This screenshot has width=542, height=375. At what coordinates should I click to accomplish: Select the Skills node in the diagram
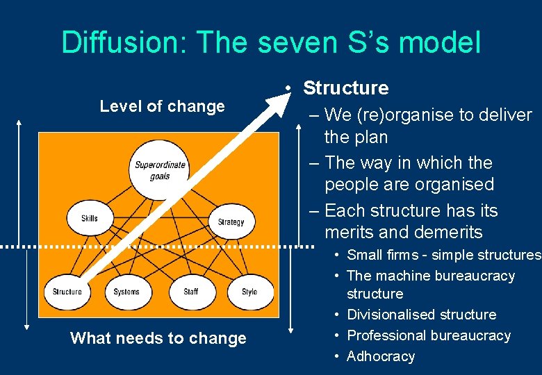[x=90, y=219]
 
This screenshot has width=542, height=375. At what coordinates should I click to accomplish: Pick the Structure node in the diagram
[x=67, y=292]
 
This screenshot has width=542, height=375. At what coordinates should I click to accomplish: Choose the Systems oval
[x=126, y=292]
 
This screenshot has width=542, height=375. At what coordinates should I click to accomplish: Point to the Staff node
[x=190, y=292]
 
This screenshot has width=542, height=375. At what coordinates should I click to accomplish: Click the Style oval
[x=249, y=292]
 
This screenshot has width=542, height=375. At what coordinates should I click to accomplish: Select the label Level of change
[x=162, y=106]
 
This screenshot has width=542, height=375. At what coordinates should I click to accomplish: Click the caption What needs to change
[x=158, y=338]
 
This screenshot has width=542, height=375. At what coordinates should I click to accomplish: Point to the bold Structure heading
[x=345, y=88]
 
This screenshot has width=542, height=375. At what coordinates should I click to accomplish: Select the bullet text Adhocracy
[x=380, y=356]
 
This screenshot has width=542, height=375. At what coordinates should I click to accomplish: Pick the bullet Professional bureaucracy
[x=428, y=335]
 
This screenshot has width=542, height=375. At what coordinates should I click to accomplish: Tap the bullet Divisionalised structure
[x=421, y=315]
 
